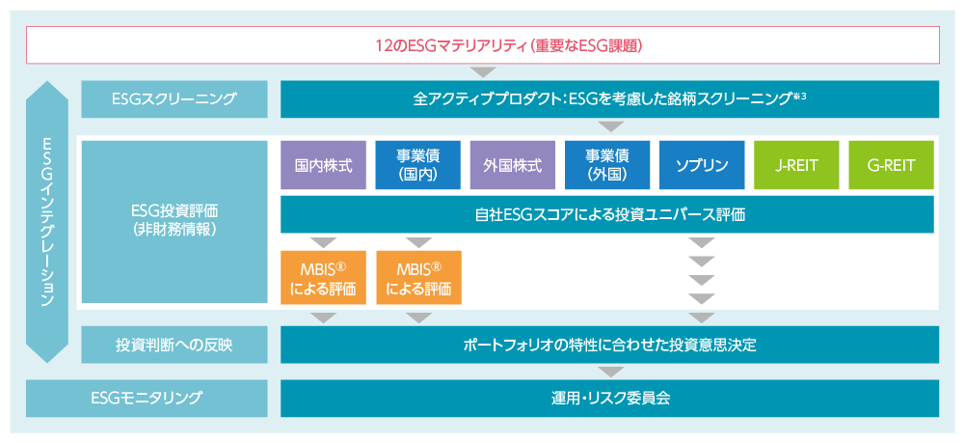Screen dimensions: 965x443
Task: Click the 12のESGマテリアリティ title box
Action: (x=482, y=45)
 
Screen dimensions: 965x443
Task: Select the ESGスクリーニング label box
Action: (x=174, y=99)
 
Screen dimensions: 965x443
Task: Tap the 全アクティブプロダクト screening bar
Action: (x=609, y=99)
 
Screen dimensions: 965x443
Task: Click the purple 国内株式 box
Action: (x=323, y=165)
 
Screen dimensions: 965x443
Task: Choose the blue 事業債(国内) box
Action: (x=417, y=165)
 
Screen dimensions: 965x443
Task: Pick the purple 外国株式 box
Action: (x=513, y=165)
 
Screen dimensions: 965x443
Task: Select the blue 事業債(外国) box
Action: (x=607, y=165)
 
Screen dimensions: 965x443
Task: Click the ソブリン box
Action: (x=702, y=165)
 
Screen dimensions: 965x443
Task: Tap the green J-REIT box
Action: (x=797, y=165)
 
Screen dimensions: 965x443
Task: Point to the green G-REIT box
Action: (x=891, y=165)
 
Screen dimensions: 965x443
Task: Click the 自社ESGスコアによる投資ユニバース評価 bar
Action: (x=607, y=214)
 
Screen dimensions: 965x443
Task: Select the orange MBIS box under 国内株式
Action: (x=323, y=277)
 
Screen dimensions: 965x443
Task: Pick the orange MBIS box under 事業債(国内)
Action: (x=418, y=277)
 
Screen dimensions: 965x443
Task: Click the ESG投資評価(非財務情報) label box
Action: (x=174, y=222)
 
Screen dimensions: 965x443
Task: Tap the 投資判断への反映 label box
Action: (x=174, y=345)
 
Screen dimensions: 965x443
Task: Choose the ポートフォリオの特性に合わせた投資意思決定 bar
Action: (x=609, y=345)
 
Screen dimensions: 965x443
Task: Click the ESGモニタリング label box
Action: (x=147, y=398)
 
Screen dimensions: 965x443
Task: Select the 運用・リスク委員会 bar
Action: (x=609, y=398)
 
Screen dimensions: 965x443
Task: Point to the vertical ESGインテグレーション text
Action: (x=47, y=222)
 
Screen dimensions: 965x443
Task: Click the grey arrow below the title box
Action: (x=482, y=72)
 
